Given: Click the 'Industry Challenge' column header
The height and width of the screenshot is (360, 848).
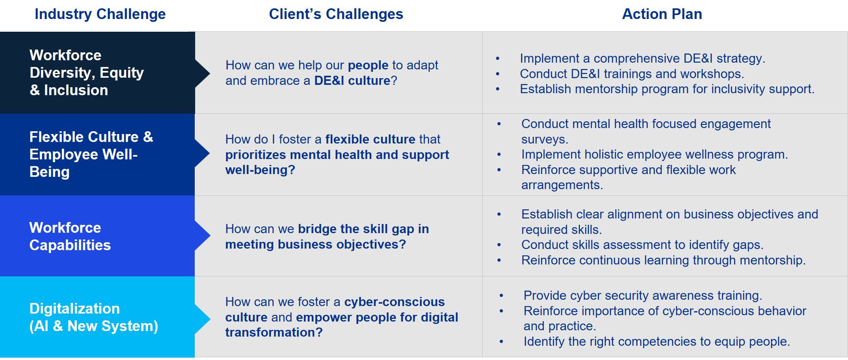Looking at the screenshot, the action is pos(100,14).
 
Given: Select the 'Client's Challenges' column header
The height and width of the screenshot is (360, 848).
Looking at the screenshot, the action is pos(336,14).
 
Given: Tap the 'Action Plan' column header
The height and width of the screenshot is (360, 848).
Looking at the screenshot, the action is pos(662,14).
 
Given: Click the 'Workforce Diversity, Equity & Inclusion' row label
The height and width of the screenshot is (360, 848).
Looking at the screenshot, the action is pos(86,73).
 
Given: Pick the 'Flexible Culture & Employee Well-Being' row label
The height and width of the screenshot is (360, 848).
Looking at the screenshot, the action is pos(91,154).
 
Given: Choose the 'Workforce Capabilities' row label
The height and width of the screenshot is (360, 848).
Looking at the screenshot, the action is pos(70,236).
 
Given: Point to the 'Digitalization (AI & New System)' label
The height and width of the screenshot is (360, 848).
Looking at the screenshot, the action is pos(94,317).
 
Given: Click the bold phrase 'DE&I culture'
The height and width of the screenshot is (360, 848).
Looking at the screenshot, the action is pos(352,80).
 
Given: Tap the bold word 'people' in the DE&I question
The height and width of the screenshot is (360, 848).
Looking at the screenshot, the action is pos(368,65).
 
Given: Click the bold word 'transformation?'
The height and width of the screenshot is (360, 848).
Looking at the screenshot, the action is pos(274,332).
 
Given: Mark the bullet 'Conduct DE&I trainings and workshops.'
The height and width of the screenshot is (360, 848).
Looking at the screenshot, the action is pos(632,74).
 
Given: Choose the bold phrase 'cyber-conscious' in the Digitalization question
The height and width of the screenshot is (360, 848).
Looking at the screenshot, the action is pos(394,302).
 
